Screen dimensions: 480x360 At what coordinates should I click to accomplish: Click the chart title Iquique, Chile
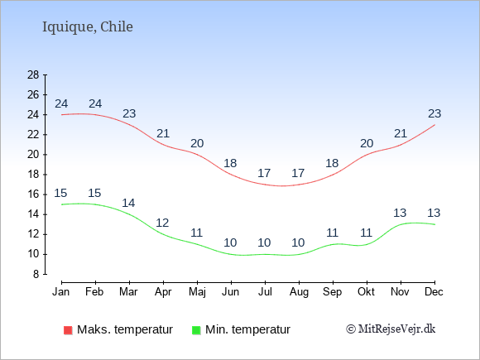point(88,27)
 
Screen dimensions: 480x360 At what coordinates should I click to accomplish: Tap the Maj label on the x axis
point(197,292)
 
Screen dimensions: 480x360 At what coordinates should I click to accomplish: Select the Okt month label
point(366,292)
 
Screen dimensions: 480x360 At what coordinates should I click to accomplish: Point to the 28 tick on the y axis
point(33,74)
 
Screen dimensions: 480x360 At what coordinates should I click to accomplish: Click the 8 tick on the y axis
point(36,274)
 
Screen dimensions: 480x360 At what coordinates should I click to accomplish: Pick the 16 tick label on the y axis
point(33,194)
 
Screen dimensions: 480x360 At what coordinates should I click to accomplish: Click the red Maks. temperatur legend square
point(68,330)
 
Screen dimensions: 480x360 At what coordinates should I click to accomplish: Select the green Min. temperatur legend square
point(196,330)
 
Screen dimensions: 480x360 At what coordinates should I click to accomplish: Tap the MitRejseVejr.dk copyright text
point(391,329)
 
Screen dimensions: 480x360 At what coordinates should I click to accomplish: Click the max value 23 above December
point(434,113)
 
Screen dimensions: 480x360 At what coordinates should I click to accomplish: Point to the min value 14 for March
point(128,203)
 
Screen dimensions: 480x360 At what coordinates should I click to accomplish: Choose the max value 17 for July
point(264,173)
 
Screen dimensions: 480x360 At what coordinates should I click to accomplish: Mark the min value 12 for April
point(162,223)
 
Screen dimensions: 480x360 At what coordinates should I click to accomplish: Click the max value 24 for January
point(61,103)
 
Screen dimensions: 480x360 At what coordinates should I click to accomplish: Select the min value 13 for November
point(400,213)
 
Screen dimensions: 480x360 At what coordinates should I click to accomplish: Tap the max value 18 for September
point(332,163)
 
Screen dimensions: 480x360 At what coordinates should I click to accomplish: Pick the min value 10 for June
point(230,242)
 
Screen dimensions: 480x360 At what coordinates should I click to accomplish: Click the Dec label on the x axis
point(434,292)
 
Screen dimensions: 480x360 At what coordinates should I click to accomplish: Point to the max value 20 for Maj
point(197,143)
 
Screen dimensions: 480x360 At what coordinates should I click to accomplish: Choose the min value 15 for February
point(94,193)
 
